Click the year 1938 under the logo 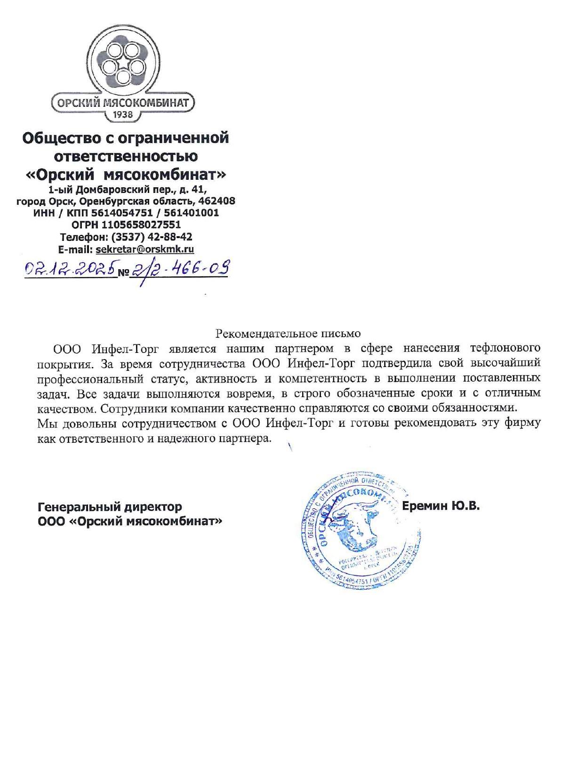click(123, 114)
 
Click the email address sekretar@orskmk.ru click(144, 249)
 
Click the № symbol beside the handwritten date click(123, 272)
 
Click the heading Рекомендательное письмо click(288, 333)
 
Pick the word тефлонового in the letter click(505, 348)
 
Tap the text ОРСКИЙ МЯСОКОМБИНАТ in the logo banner click(123, 103)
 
